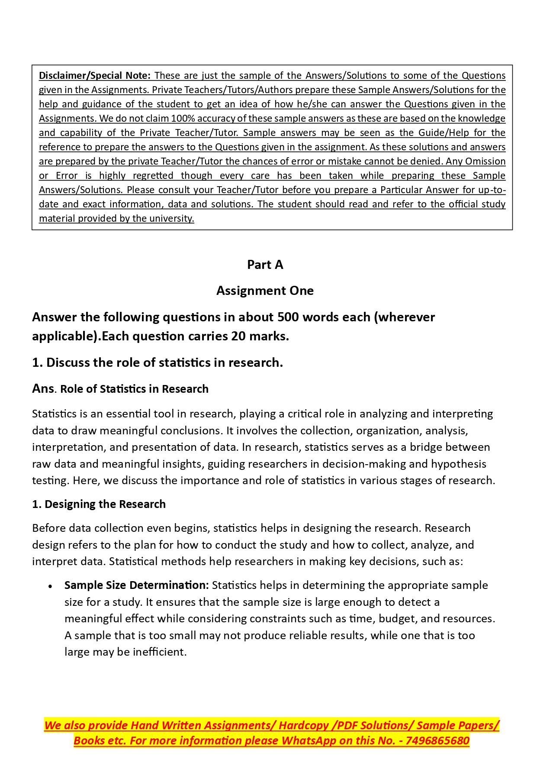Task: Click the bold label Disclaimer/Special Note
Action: [94, 75]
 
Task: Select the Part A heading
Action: [265, 265]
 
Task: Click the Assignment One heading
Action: [265, 291]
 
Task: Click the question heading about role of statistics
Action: [158, 362]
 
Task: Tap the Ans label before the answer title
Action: [43, 388]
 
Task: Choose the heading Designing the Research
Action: [99, 504]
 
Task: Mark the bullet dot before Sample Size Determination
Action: [51, 586]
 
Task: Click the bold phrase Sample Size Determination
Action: [136, 585]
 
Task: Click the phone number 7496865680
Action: [437, 741]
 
